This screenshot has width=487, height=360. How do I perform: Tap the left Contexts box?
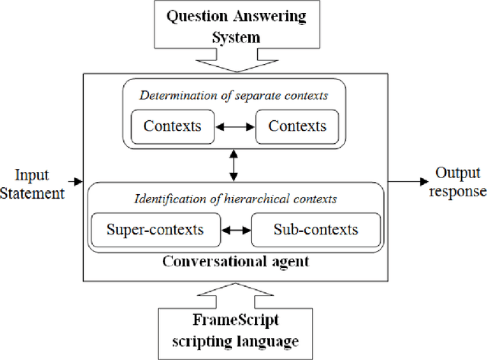click(172, 126)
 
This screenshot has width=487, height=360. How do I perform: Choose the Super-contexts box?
click(154, 228)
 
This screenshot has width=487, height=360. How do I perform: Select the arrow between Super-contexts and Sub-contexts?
click(235, 229)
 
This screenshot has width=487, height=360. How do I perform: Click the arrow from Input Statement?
click(74, 182)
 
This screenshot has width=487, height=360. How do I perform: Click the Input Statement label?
click(33, 185)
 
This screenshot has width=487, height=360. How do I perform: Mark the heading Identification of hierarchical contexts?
click(234, 200)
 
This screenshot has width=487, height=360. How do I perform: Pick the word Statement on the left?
click(33, 194)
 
